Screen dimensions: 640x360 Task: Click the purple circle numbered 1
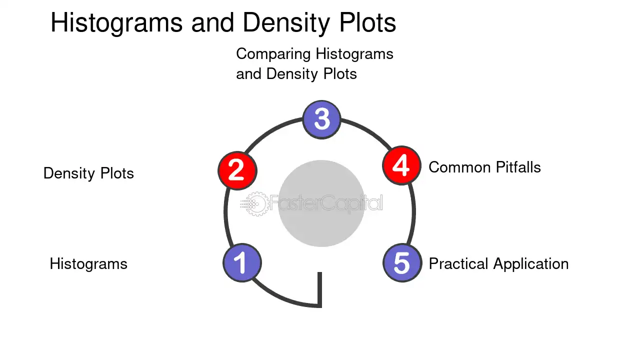pyautogui.click(x=242, y=262)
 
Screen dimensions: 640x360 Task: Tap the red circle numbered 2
pyautogui.click(x=237, y=170)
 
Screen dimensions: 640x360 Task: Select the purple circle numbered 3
pyautogui.click(x=321, y=119)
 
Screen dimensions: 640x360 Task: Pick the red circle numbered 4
pyautogui.click(x=401, y=165)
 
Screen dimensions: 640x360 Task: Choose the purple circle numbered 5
pyautogui.click(x=402, y=262)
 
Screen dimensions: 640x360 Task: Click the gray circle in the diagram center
pyautogui.click(x=321, y=203)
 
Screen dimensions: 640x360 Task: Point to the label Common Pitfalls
pyautogui.click(x=484, y=167)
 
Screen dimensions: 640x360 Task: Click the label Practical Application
pyautogui.click(x=498, y=264)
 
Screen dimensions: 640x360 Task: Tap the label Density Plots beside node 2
pyautogui.click(x=88, y=173)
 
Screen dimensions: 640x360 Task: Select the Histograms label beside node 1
pyautogui.click(x=88, y=263)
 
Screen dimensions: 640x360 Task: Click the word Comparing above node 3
pyautogui.click(x=273, y=54)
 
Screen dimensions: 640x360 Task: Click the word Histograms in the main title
pyautogui.click(x=116, y=23)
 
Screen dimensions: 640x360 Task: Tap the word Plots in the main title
pyautogui.click(x=367, y=22)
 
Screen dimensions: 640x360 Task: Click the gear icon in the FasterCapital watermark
pyautogui.click(x=255, y=203)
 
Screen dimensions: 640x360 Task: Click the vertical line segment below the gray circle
pyautogui.click(x=319, y=289)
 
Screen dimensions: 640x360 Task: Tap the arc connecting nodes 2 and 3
pyautogui.click(x=271, y=130)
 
